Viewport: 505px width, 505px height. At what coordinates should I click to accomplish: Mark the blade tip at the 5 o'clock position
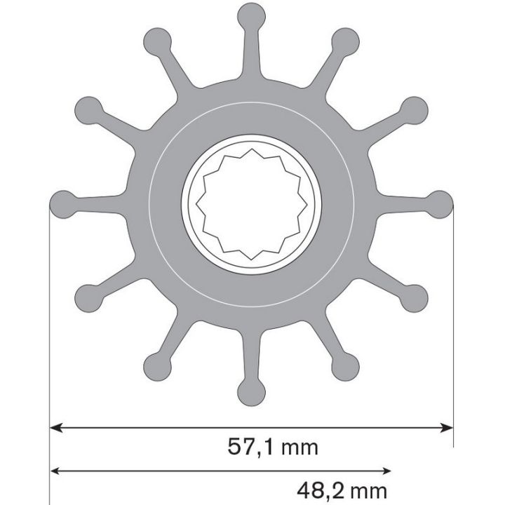click(x=345, y=365)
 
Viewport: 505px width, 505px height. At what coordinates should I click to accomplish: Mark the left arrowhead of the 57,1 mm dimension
click(x=56, y=426)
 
